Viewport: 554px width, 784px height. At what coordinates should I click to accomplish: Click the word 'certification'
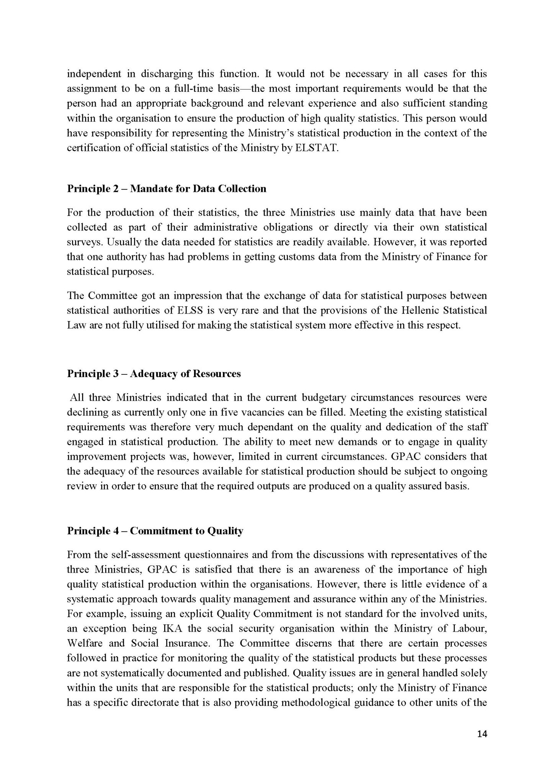pos(93,148)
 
